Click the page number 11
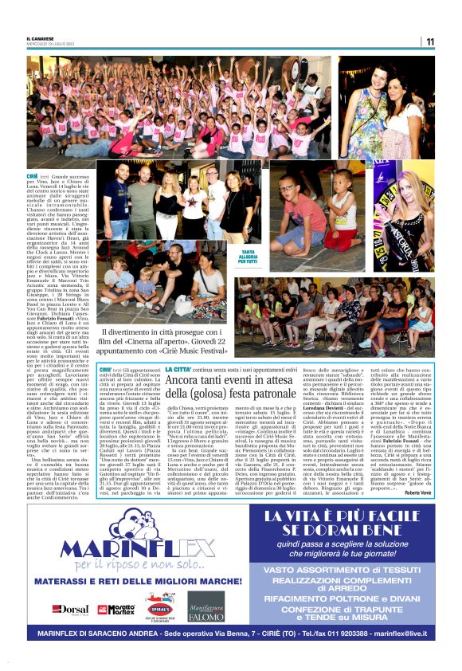[x=429, y=41]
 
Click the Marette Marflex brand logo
[x=115, y=609]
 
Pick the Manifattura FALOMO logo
[x=205, y=606]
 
